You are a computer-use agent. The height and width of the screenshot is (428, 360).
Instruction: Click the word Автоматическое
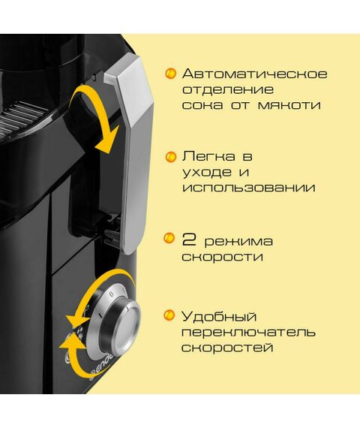pos(255,74)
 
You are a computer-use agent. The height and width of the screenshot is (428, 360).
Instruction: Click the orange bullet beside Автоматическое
pos(170,74)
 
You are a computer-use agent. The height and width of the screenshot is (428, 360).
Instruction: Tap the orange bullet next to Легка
pos(170,158)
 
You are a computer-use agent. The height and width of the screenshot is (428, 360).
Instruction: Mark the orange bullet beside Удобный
pos(170,316)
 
